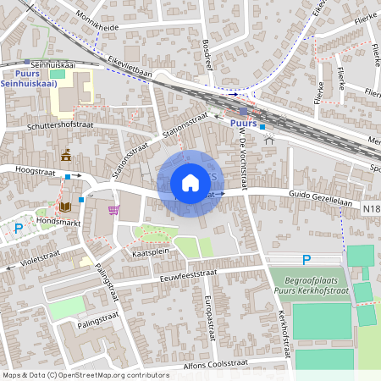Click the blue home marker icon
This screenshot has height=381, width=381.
190,183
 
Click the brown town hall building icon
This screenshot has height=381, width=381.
66,155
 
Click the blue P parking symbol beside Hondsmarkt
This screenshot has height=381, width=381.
19,227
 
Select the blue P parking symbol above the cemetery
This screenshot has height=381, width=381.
306,259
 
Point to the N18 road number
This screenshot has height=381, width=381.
371,207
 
